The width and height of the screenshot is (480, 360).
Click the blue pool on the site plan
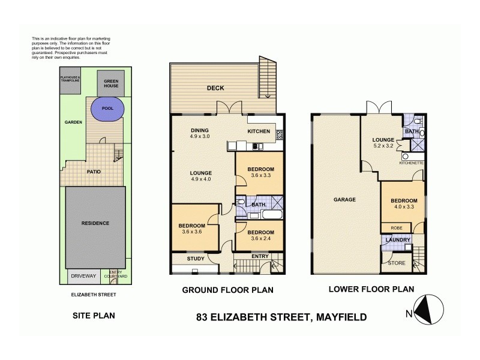pos(107,109)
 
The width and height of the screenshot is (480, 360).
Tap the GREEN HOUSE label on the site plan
pos(111,83)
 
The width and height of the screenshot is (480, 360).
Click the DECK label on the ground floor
pos(215,88)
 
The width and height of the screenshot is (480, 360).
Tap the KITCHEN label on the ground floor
pos(260,130)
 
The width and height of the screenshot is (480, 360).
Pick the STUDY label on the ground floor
pos(196,259)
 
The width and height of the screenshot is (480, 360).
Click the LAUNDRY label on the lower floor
pos(398,241)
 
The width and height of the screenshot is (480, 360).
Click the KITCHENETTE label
pos(412,163)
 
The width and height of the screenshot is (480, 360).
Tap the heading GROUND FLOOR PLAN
pos(227,290)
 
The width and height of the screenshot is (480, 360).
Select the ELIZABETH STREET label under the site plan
pos(94,295)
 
